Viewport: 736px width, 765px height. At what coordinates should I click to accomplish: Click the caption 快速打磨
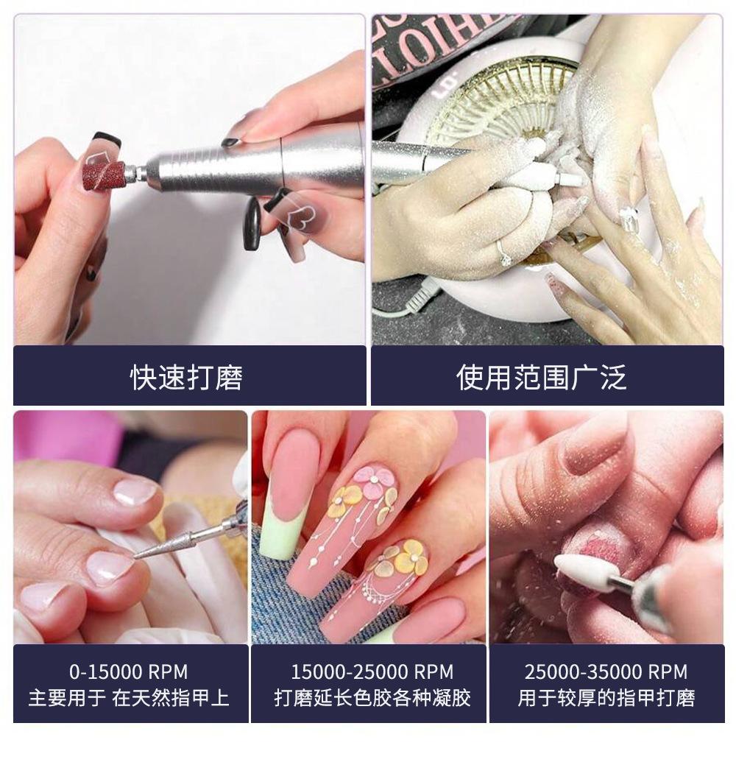point(186,377)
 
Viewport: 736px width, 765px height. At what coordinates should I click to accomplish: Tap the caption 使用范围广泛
point(542,377)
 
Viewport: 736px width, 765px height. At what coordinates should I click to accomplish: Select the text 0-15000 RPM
point(129,671)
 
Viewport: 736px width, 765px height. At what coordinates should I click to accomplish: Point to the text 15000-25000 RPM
point(372,671)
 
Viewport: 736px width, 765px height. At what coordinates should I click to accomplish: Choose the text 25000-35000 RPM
point(606,671)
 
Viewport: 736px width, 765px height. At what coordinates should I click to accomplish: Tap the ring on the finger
point(503,251)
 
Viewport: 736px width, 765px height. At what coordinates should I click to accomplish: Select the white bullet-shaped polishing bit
point(581,573)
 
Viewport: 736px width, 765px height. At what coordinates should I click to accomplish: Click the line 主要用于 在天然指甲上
point(129,698)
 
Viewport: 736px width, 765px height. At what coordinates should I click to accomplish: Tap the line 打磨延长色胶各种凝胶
point(372,698)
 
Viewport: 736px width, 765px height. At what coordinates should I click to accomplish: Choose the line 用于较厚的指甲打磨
point(606,698)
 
